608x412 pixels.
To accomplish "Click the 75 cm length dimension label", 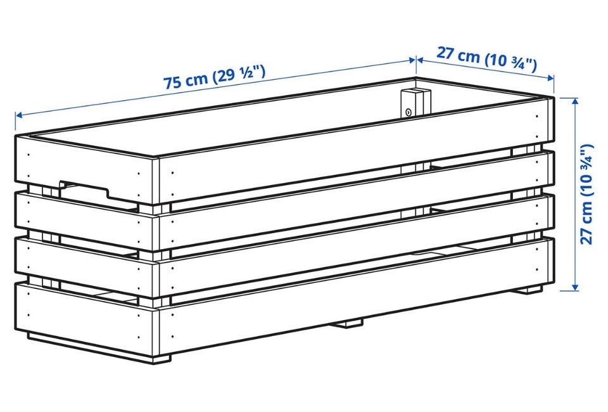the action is pos(214,77).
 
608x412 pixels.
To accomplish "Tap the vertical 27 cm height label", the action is pos(587,194).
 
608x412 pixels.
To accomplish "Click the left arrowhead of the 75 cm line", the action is pos(18,115).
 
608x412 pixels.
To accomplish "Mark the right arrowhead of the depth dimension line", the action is pos(550,78).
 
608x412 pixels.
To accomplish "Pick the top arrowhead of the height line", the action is pos(574,101).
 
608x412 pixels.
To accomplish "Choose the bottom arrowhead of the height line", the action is pos(574,286).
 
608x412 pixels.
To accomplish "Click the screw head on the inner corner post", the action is pos(408,112).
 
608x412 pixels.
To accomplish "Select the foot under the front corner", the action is pos(161,359).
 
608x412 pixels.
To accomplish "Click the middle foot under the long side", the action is pos(349,323).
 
